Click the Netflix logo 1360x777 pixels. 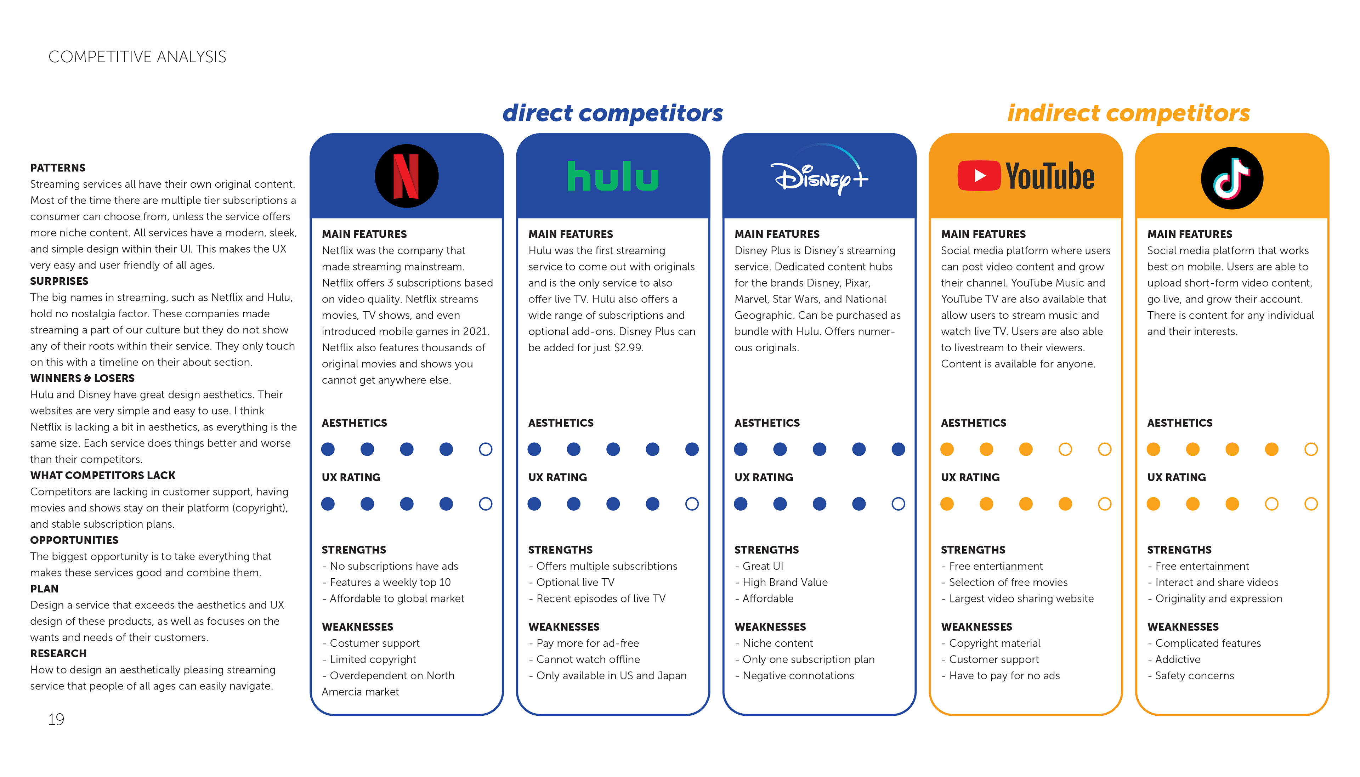click(x=407, y=176)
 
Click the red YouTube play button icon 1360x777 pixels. click(x=979, y=176)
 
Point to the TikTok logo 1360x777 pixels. click(x=1231, y=178)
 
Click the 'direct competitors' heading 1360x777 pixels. click(x=612, y=113)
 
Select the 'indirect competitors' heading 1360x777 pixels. click(x=1128, y=113)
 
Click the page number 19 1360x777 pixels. click(x=56, y=719)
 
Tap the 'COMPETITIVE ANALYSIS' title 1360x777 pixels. click(x=137, y=57)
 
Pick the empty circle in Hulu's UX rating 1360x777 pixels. click(x=691, y=504)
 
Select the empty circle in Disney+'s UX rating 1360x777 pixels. click(x=898, y=504)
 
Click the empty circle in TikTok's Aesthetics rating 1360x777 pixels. click(x=1310, y=449)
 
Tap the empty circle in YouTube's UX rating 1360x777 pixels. click(x=1104, y=504)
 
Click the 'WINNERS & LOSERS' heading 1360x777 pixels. click(x=82, y=378)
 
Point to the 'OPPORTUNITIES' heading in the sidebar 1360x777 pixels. click(x=74, y=540)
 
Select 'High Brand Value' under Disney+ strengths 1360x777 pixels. click(x=785, y=582)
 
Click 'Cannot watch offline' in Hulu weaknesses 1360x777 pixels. click(x=588, y=659)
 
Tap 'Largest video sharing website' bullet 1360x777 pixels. click(x=1021, y=599)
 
